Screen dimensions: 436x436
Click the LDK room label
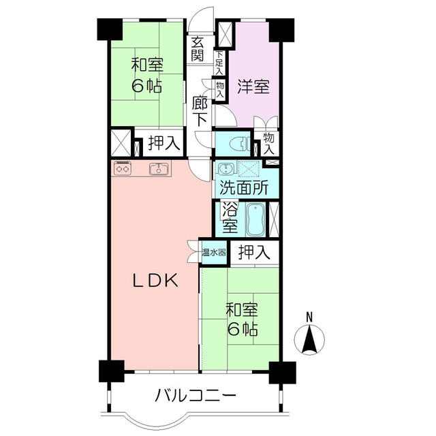coord(155,281)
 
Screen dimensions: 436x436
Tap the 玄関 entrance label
coord(198,49)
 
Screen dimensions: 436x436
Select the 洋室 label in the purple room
coord(253,87)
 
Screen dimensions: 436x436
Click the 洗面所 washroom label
coord(244,188)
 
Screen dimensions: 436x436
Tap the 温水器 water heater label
coord(213,253)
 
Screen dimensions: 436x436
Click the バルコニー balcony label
coord(196,396)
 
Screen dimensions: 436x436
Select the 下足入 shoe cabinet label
coord(219,63)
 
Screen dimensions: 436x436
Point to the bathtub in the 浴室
coord(255,220)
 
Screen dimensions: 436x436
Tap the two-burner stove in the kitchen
coord(123,168)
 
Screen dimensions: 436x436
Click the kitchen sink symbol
coord(159,169)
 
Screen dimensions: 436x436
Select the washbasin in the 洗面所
coord(227,169)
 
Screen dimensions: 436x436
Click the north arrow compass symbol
coord(309,339)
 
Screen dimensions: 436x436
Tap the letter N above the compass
coord(309,317)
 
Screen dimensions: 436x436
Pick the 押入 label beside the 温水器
coord(254,253)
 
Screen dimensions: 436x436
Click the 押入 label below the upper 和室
coord(164,143)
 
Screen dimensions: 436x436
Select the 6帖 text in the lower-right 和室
coord(243,330)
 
